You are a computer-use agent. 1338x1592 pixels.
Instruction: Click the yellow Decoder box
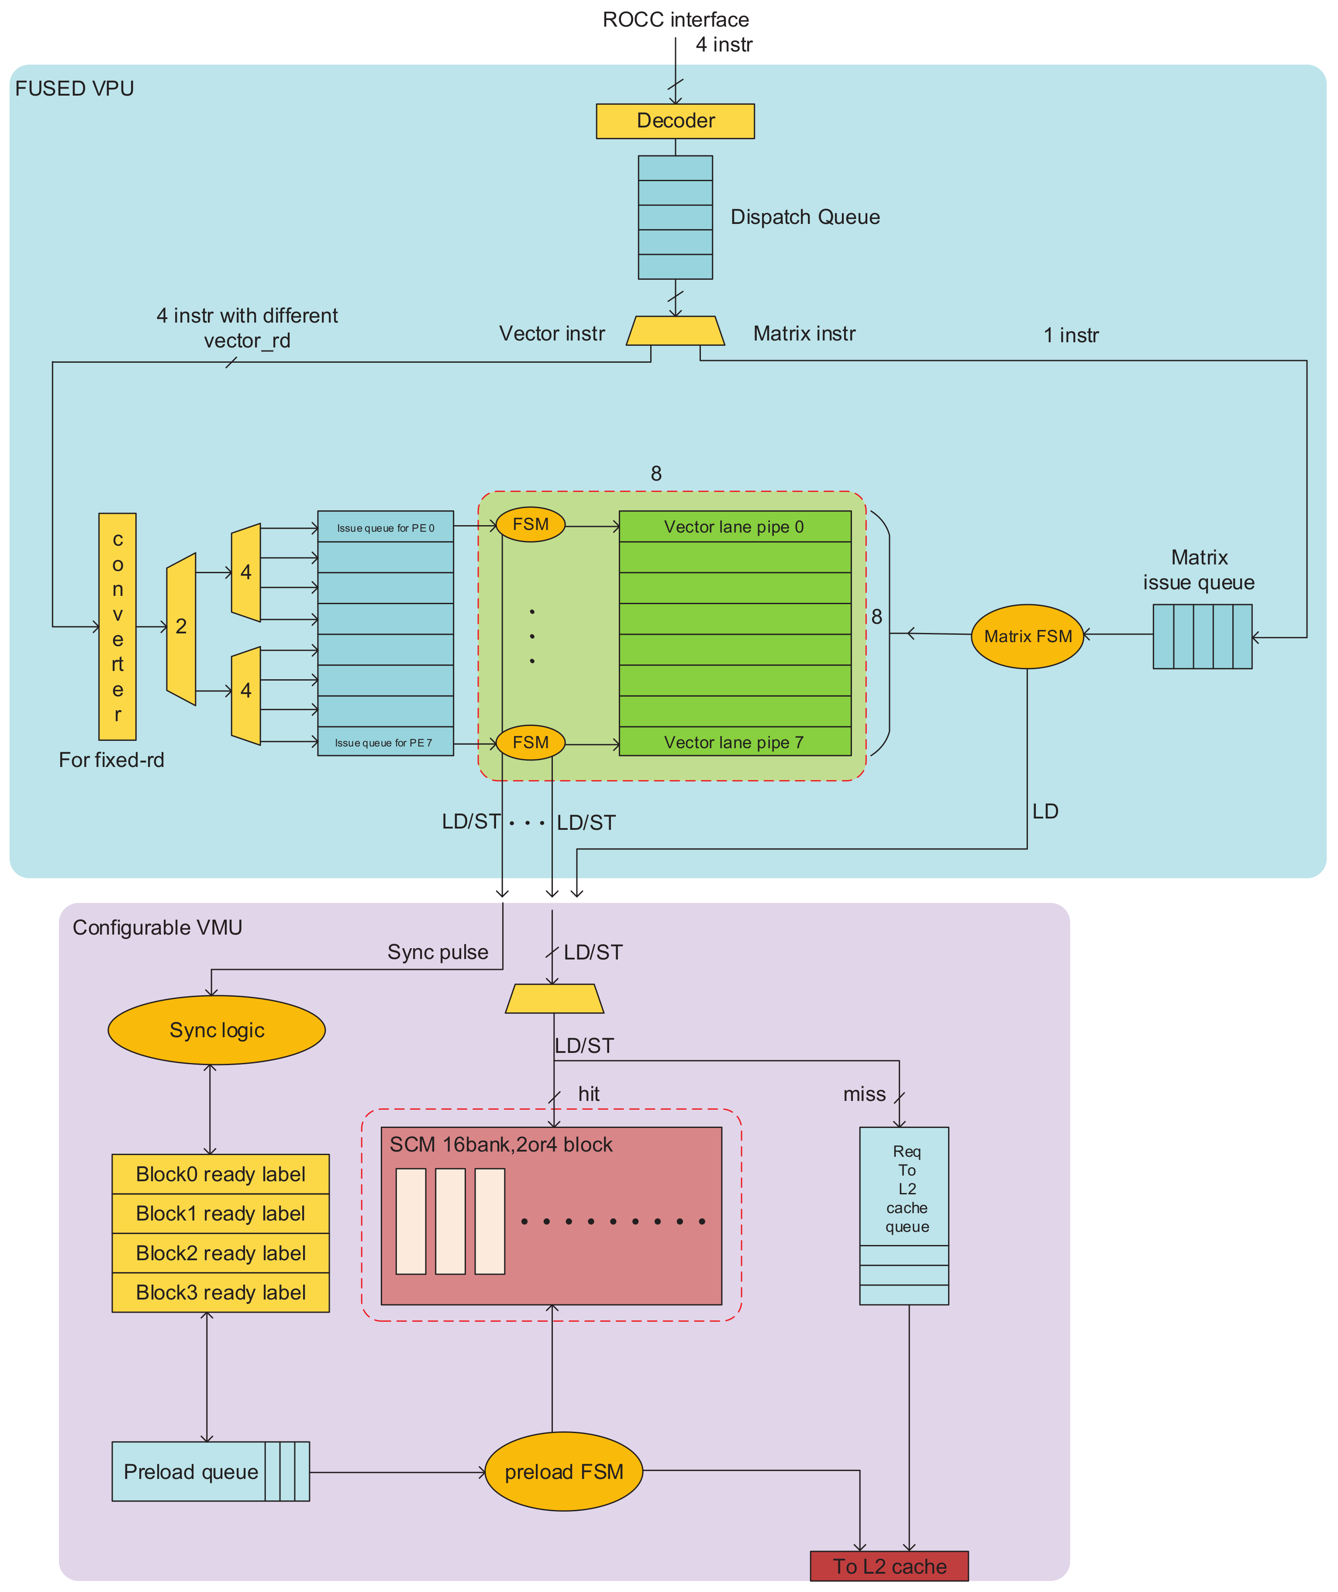point(675,121)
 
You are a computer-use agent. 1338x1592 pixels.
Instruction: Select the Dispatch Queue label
point(805,217)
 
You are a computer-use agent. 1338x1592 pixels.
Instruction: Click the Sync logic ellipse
point(217,1030)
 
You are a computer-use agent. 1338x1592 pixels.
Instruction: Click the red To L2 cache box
point(889,1566)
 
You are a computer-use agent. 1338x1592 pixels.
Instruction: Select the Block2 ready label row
point(221,1253)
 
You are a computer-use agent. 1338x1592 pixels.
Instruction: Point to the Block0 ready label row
point(221,1174)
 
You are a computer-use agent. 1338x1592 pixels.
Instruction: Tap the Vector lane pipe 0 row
point(734,527)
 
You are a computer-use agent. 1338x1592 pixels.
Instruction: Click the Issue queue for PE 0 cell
point(385,528)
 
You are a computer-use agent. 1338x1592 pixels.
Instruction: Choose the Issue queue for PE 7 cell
point(385,742)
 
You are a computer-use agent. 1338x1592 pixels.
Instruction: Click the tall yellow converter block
point(117,626)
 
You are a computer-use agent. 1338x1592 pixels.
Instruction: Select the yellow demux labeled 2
point(181,628)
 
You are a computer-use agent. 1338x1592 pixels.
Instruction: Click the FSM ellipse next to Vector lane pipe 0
point(530,525)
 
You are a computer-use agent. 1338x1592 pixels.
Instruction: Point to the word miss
point(864,1094)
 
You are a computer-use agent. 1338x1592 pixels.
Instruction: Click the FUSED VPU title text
point(74,89)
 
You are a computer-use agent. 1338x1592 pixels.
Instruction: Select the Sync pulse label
point(438,952)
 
